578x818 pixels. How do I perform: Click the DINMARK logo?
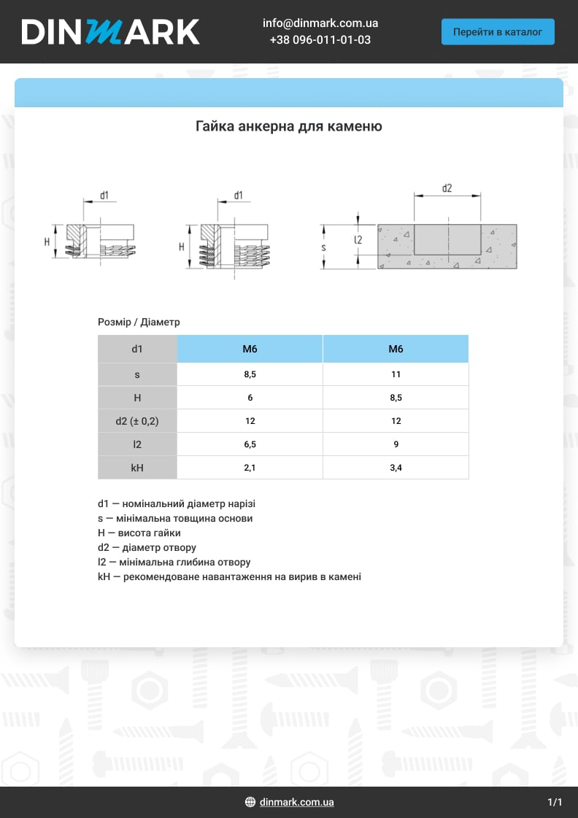pyautogui.click(x=110, y=31)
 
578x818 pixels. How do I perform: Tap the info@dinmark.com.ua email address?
pyautogui.click(x=320, y=23)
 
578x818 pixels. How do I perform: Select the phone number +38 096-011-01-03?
pyautogui.click(x=320, y=39)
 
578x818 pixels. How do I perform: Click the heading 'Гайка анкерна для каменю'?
pyautogui.click(x=289, y=126)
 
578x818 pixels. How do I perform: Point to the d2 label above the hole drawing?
pyautogui.click(x=447, y=188)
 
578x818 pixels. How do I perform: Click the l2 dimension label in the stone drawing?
pyautogui.click(x=358, y=239)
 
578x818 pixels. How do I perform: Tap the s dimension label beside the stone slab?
pyautogui.click(x=323, y=248)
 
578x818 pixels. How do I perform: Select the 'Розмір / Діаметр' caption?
pyautogui.click(x=139, y=322)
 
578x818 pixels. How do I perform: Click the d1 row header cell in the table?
pyautogui.click(x=137, y=349)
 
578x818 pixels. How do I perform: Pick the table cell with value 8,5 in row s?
pyautogui.click(x=250, y=374)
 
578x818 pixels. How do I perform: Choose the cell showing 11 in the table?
pyautogui.click(x=396, y=374)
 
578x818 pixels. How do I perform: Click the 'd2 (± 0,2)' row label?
pyautogui.click(x=137, y=421)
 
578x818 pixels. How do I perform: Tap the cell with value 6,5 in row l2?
pyautogui.click(x=250, y=444)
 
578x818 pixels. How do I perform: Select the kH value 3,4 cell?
pyautogui.click(x=396, y=468)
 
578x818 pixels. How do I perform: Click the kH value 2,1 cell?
pyautogui.click(x=250, y=468)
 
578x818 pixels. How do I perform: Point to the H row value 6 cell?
pyautogui.click(x=250, y=398)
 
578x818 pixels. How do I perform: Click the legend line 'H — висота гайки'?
pyautogui.click(x=139, y=533)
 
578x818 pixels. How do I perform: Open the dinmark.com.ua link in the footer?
pyautogui.click(x=296, y=802)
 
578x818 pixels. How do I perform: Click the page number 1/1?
pyautogui.click(x=555, y=803)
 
